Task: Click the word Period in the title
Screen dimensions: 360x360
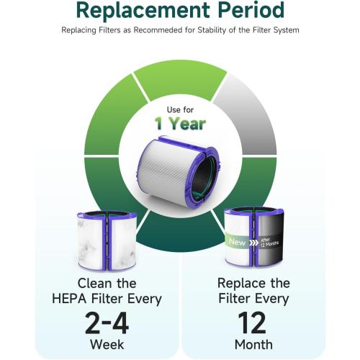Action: click(249, 10)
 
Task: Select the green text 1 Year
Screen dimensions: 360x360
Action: click(179, 123)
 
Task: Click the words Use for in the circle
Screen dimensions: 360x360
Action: click(179, 109)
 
